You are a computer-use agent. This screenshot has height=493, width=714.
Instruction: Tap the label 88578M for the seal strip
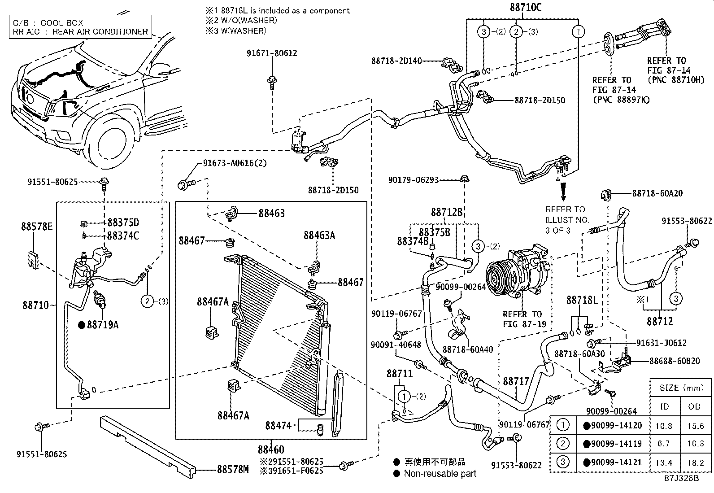tap(232, 469)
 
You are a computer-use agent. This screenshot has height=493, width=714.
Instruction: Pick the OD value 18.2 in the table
tap(695, 462)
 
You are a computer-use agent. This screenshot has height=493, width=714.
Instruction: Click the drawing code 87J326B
tap(681, 478)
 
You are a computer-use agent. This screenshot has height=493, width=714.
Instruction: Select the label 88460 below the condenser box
tap(271, 449)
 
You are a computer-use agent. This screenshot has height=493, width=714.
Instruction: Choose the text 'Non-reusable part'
tap(440, 473)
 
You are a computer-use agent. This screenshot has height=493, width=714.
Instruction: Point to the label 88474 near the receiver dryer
tap(279, 425)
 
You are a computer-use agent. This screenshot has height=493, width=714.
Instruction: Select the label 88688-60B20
tap(674, 361)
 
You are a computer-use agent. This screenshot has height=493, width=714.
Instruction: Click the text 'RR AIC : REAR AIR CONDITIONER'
tap(80, 31)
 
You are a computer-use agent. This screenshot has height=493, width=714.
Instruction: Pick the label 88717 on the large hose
tap(516, 381)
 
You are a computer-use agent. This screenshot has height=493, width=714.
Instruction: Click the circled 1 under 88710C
tap(579, 31)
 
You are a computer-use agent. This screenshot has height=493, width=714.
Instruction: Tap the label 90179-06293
tap(413, 180)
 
